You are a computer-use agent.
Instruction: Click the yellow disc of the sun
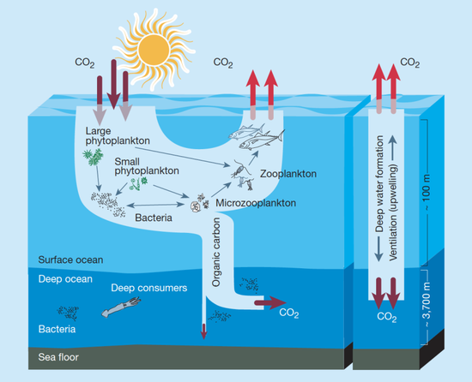[154, 50]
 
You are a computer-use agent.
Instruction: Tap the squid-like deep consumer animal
[121, 307]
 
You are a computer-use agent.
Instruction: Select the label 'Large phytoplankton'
[118, 135]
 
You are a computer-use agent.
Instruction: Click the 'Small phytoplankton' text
[147, 166]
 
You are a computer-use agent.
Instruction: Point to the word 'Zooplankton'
[288, 174]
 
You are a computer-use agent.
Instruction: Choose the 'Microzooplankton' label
[256, 203]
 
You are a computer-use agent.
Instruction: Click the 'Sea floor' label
[58, 357]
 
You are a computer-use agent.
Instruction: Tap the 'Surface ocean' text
[70, 260]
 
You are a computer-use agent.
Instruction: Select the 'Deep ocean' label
[65, 279]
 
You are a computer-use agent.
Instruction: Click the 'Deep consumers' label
[149, 288]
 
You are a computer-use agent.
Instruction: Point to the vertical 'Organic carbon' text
[216, 253]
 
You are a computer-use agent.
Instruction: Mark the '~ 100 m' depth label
[427, 193]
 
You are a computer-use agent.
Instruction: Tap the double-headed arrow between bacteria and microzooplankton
[155, 205]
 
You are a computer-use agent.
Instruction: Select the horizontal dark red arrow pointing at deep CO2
[270, 302]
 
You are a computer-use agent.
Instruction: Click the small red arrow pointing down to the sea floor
[203, 331]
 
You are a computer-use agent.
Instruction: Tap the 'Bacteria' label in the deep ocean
[57, 329]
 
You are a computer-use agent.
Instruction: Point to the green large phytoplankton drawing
[93, 157]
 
